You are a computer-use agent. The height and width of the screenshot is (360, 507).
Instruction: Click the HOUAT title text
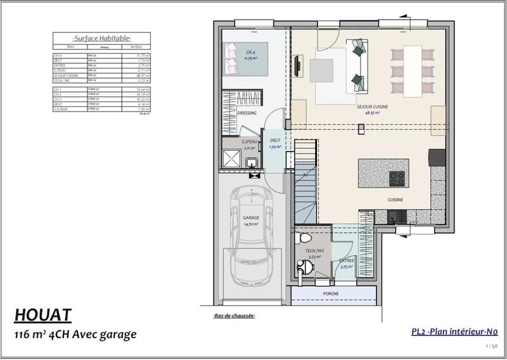pos(43,315)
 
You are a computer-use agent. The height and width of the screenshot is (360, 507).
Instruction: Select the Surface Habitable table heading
pos(101,38)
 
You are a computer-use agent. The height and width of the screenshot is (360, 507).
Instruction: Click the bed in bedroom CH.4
pos(247,58)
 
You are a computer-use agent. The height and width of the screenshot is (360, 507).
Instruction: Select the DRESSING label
pos(247,113)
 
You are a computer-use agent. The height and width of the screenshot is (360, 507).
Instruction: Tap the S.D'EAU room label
pos(248,141)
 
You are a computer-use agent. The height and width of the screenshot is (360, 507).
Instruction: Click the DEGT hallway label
pos(275,141)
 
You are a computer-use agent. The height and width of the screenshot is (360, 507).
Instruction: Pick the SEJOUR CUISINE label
pos(372,107)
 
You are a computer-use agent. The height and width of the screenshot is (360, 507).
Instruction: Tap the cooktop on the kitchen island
pos(397,178)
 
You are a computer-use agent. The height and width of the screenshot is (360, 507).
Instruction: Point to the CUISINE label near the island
pos(396,200)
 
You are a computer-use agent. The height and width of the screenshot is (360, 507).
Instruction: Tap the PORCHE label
pos(330,294)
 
